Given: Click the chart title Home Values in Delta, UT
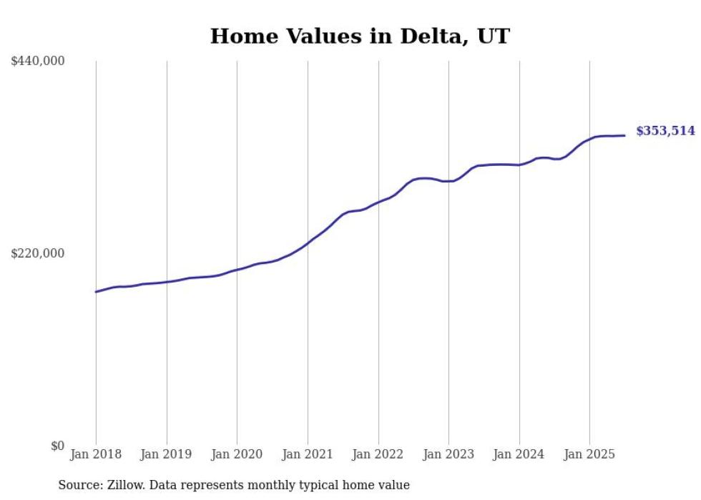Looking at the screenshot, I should pyautogui.click(x=359, y=36).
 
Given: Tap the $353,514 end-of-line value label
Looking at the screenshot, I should pyautogui.click(x=665, y=131).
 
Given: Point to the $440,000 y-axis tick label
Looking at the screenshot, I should pyautogui.click(x=38, y=62).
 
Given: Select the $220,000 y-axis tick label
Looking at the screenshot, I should pyautogui.click(x=38, y=253).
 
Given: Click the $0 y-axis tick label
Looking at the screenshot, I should pyautogui.click(x=57, y=446).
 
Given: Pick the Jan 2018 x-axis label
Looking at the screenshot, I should pyautogui.click(x=96, y=454).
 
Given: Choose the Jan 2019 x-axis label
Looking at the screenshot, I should pyautogui.click(x=167, y=454).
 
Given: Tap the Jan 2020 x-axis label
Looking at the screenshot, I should pyautogui.click(x=237, y=454).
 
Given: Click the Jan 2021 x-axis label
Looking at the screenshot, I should pyautogui.click(x=308, y=454).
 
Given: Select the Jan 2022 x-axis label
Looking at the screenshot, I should pyautogui.click(x=378, y=454).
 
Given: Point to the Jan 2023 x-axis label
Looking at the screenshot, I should pyautogui.click(x=448, y=454).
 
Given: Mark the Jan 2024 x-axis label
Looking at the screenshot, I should pyautogui.click(x=519, y=454).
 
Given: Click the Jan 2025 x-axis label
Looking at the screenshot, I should pyautogui.click(x=589, y=454).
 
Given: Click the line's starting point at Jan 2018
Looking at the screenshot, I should pyautogui.click(x=96, y=292).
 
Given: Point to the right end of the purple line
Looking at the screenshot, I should pyautogui.click(x=624, y=135).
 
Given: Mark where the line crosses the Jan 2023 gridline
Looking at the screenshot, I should pyautogui.click(x=448, y=181).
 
